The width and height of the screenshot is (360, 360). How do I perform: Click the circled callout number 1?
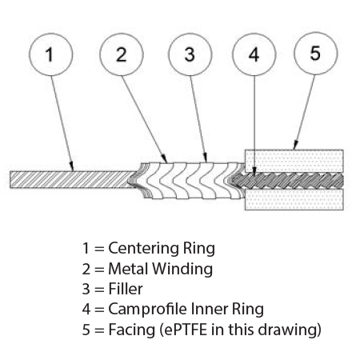pos(50,54)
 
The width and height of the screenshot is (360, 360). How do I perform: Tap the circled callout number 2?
pos(122,54)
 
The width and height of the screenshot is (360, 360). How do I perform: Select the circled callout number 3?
pos(190,54)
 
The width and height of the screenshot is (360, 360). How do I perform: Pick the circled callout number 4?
pos(254,54)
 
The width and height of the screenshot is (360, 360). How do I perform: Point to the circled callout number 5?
pos(316,54)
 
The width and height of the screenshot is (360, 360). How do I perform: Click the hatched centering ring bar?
pos(73,180)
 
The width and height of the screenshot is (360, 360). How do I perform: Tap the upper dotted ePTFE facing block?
pos(294,161)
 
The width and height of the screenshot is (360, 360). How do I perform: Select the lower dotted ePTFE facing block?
pos(294,200)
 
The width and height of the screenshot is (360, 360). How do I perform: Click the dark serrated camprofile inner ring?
pos(287,181)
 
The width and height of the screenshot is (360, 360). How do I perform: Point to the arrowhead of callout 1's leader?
pos(72,167)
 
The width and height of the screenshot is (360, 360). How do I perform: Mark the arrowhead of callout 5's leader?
pos(295,146)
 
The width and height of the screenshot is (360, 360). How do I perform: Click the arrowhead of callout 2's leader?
pos(165,158)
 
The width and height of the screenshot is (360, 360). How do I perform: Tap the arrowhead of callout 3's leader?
pos(206,158)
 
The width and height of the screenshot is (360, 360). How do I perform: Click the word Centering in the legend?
pos(144,249)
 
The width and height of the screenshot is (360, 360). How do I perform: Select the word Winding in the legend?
pos(182,269)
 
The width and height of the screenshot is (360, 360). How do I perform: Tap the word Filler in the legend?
pos(126,289)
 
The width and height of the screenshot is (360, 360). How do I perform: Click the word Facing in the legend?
pos(132,330)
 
